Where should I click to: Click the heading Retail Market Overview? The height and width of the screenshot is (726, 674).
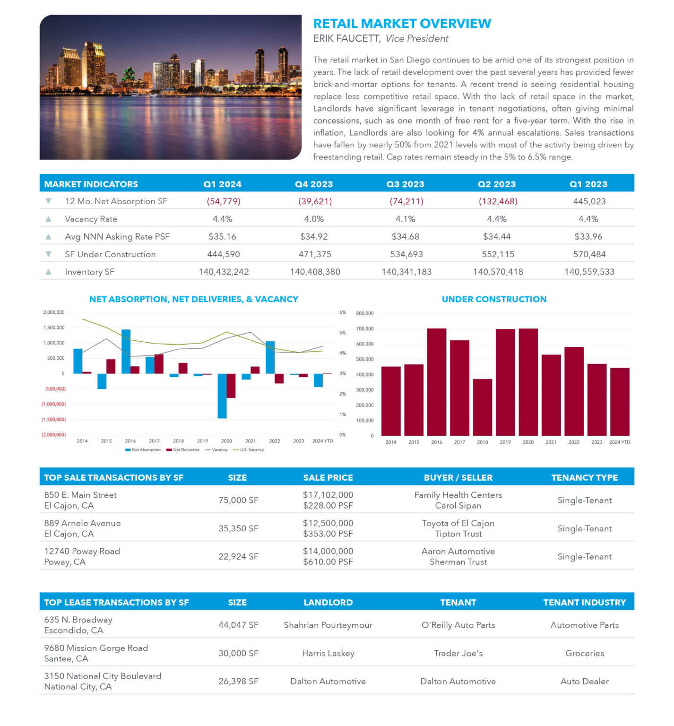click(x=402, y=24)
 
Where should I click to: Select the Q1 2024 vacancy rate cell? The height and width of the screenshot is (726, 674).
click(x=222, y=219)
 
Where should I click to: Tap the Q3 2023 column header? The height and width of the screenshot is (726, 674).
click(x=405, y=184)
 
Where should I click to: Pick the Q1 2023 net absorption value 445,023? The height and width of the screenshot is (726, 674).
click(x=589, y=201)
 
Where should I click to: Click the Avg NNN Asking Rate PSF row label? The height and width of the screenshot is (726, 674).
click(x=117, y=237)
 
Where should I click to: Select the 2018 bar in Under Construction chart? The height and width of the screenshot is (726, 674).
click(x=482, y=407)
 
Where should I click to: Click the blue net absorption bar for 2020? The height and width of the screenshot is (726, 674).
click(x=222, y=396)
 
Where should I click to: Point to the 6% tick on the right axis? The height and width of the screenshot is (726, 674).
click(x=343, y=312)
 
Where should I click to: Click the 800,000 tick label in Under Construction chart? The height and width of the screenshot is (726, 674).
click(x=365, y=313)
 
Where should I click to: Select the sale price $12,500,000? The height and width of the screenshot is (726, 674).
click(x=328, y=523)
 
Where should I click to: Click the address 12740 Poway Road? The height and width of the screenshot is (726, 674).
click(x=82, y=551)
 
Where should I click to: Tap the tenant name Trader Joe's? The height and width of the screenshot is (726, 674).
click(x=458, y=653)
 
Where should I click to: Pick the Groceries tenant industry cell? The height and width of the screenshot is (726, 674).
click(x=585, y=653)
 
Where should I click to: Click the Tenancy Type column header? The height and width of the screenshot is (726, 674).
click(x=585, y=478)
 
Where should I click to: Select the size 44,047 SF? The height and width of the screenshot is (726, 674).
click(x=238, y=625)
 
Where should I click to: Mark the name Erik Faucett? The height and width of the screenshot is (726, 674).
click(x=347, y=39)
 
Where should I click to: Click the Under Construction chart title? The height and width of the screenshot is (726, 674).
click(x=494, y=299)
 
